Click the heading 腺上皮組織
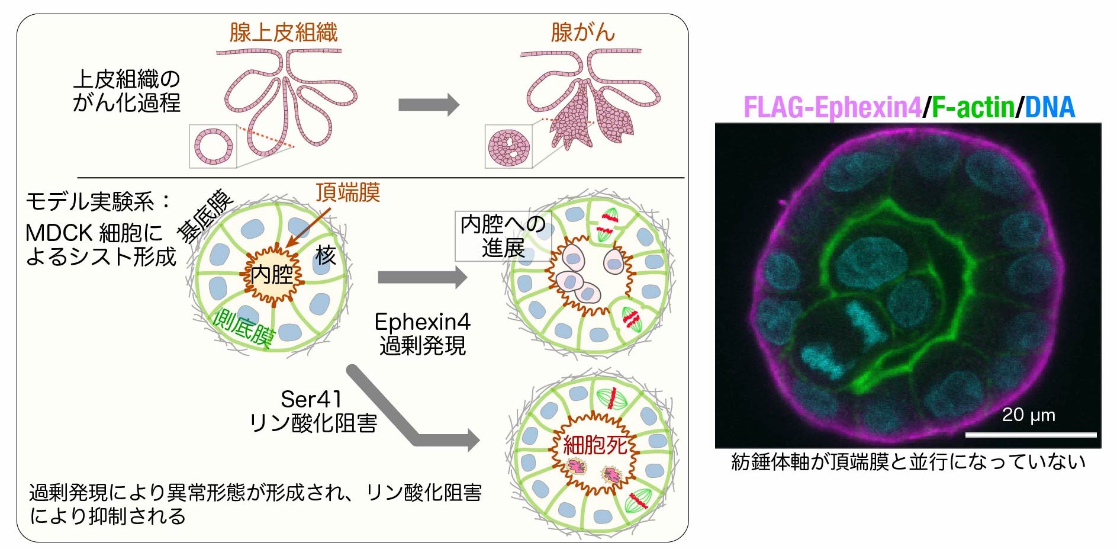tap(283, 32)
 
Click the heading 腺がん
tap(582, 32)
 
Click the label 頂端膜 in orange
tap(347, 192)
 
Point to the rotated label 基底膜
tap(205, 216)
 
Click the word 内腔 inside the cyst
tap(272, 275)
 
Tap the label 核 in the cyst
tap(325, 255)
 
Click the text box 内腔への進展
tap(503, 236)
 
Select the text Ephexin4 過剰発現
tap(422, 333)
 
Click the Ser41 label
tap(311, 399)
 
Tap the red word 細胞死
tap(595, 445)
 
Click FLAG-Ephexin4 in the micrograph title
tap(832, 108)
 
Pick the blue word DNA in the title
tap(1050, 108)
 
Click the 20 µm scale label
tap(1028, 415)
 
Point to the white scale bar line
tap(1030, 435)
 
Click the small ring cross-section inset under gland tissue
tap(213, 146)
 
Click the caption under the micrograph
tap(908, 461)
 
